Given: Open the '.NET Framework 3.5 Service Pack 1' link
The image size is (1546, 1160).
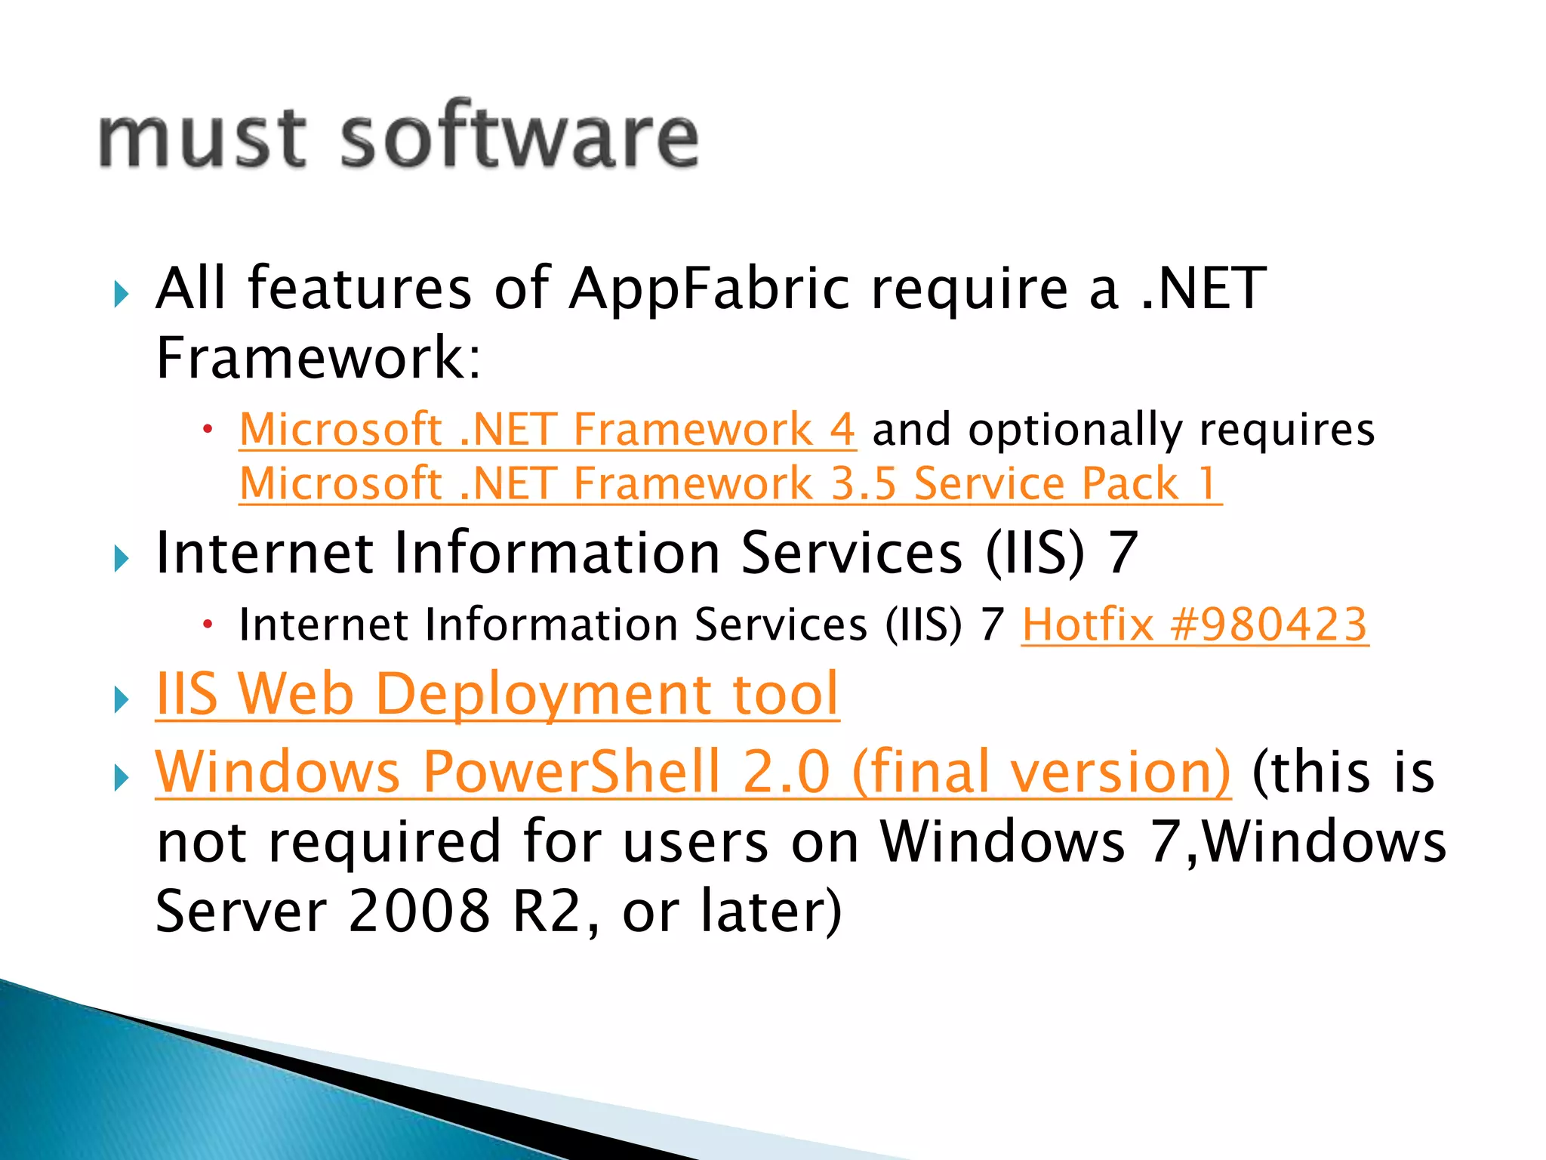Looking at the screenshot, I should (x=729, y=483).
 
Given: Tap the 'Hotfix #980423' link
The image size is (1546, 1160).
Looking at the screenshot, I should (x=1194, y=625).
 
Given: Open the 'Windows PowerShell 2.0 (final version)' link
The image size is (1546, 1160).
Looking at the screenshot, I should (x=692, y=772).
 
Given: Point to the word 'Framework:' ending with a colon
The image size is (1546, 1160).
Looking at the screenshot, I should (x=318, y=358).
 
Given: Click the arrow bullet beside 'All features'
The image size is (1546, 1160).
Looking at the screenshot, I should (x=121, y=294).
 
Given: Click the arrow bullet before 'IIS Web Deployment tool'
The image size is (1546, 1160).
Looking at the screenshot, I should (x=121, y=699).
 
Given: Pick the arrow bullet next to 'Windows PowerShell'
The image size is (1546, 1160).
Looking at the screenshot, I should (x=121, y=777).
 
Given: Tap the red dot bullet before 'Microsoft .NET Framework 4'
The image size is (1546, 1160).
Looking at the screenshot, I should (x=208, y=430).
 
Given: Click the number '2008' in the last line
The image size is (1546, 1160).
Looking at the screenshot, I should (x=419, y=911).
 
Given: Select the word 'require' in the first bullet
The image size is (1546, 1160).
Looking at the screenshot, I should (x=970, y=289).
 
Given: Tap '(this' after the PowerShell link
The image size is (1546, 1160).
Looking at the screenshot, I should (x=1310, y=772).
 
